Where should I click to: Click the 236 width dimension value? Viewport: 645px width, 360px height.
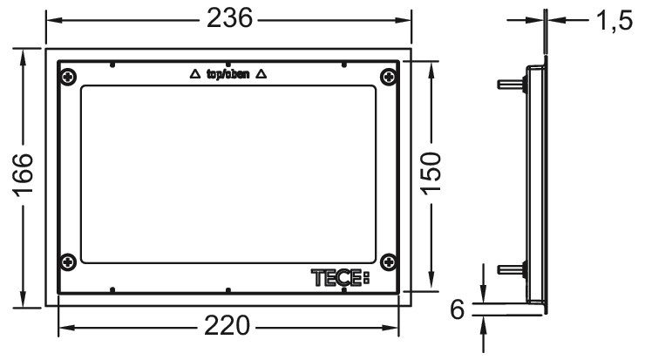tap(227, 17)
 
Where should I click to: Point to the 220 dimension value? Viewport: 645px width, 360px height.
tap(227, 328)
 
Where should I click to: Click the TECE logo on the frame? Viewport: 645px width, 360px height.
tap(340, 278)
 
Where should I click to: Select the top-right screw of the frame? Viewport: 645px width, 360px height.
tap(387, 76)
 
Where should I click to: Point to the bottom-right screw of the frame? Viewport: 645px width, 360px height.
tap(387, 261)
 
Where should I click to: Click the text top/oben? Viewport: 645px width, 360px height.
tap(227, 75)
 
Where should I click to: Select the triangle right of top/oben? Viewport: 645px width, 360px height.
tap(262, 75)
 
